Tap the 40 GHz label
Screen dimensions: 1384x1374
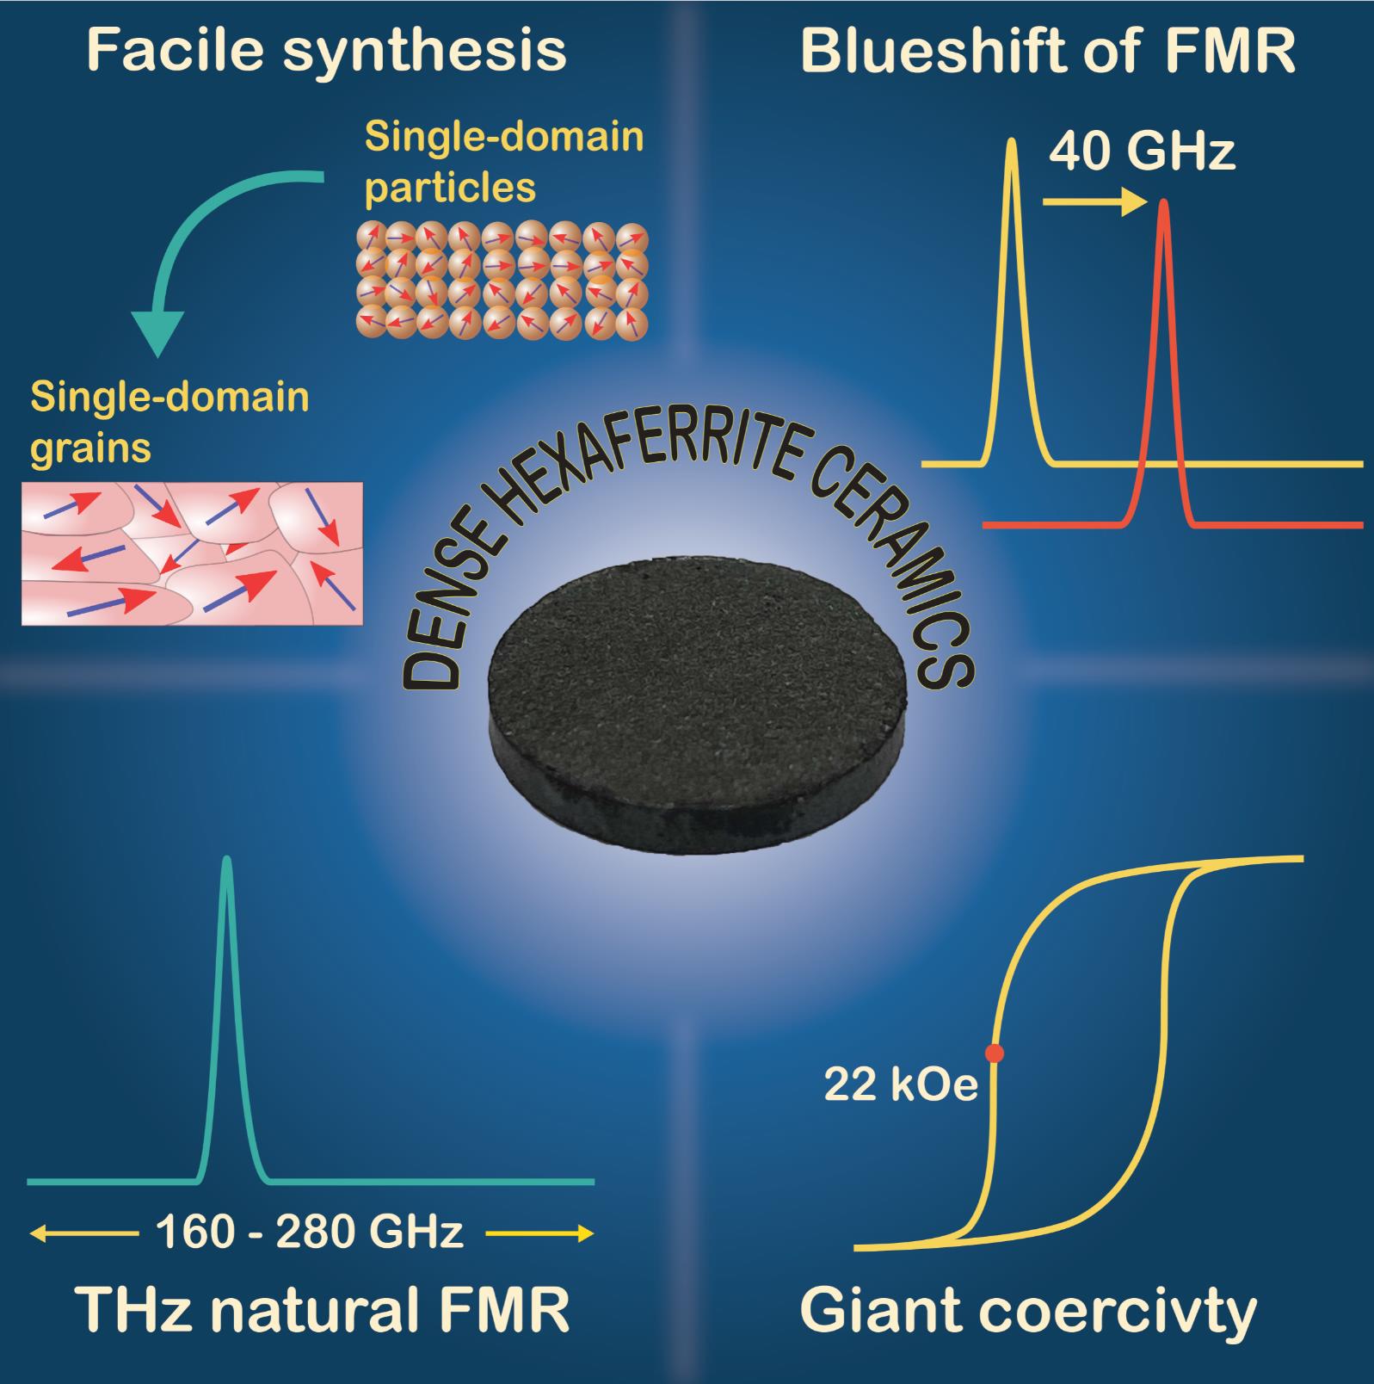pos(1142,153)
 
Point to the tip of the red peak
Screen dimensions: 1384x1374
pos(1164,203)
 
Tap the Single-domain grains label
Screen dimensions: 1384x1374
pos(169,422)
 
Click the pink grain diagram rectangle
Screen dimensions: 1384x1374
pos(192,553)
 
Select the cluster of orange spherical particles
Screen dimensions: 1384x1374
pos(502,280)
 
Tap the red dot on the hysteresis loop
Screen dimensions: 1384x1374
pos(994,1053)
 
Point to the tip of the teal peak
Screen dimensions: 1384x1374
pos(226,859)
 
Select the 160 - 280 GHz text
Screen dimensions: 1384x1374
pos(310,1233)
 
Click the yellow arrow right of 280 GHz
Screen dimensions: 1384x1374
pos(539,1234)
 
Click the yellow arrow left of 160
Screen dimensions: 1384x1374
pos(83,1234)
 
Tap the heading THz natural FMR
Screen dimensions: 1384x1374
pos(323,1311)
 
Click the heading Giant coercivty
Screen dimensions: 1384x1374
pos(1028,1311)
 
